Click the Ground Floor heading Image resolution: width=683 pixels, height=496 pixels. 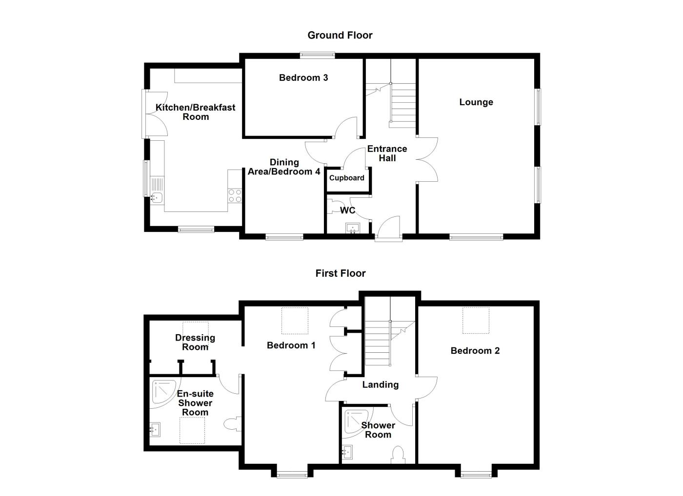[340, 35]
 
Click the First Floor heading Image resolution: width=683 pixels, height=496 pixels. [340, 273]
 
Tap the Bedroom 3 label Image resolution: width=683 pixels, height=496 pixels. [303, 77]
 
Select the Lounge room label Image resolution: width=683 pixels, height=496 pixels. [476, 102]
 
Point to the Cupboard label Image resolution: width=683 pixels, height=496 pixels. [346, 178]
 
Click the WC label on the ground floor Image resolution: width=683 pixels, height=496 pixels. [347, 210]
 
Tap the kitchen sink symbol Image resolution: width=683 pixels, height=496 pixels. [157, 197]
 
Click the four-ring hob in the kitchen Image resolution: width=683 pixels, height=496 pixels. [235, 195]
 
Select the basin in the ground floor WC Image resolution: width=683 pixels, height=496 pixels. [352, 228]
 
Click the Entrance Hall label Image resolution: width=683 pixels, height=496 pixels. [387, 153]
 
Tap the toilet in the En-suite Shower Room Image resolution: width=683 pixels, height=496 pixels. [233, 424]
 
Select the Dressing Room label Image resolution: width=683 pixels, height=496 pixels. [195, 342]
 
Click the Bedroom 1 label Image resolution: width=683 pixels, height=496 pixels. [291, 345]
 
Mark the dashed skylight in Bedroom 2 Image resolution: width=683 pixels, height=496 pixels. [476, 321]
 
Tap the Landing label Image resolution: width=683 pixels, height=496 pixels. [380, 384]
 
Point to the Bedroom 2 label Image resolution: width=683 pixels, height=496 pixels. [475, 351]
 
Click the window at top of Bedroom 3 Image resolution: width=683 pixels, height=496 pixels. [317, 55]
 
